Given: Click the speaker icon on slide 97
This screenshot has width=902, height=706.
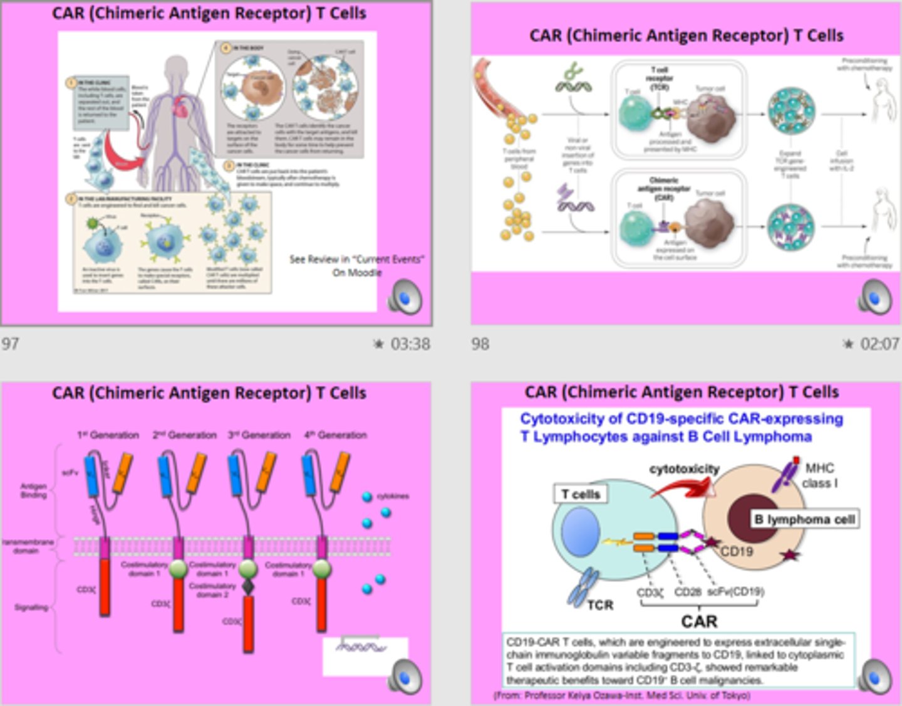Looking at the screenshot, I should (x=405, y=297).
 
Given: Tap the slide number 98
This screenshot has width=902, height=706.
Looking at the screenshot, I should (x=480, y=344).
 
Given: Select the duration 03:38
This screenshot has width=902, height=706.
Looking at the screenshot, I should (x=410, y=344).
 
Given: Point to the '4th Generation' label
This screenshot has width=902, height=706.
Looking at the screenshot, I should (x=335, y=435).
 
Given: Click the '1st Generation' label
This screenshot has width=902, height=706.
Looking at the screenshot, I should (x=108, y=435).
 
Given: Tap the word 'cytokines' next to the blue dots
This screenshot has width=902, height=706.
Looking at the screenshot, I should (x=393, y=496).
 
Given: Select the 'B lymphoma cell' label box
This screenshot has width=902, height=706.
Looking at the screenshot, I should (x=804, y=519).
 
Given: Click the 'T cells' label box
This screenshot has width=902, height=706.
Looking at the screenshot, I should (x=581, y=494).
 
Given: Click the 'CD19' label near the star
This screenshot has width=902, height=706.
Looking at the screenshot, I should (x=736, y=552).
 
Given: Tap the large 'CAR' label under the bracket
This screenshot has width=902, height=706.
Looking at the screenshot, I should (x=699, y=621).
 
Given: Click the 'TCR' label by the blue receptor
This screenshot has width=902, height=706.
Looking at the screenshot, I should (x=599, y=605).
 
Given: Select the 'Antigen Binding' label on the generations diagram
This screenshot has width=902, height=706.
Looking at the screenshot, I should (x=33, y=490).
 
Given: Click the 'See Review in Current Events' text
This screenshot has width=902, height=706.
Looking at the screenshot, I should (x=356, y=265).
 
